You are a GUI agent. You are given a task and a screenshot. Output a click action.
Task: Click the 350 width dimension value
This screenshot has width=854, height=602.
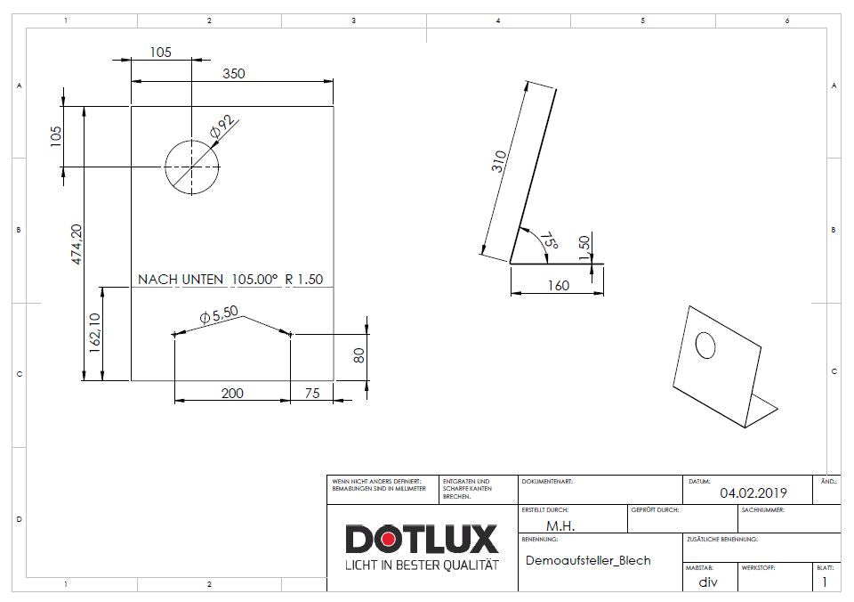[233, 75]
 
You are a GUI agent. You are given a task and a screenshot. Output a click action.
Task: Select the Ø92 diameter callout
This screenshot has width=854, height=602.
[221, 128]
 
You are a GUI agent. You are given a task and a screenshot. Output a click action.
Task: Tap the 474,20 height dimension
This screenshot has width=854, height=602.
[78, 243]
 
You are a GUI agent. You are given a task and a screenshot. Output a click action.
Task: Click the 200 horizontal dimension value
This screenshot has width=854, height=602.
[232, 393]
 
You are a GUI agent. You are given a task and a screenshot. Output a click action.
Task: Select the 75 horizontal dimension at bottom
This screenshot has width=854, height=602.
[312, 393]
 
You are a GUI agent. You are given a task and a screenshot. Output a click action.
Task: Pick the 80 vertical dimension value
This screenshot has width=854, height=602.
[359, 354]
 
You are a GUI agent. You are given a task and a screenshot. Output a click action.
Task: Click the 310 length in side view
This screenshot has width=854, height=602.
[501, 161]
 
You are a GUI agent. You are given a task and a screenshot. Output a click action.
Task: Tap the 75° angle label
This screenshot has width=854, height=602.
[549, 241]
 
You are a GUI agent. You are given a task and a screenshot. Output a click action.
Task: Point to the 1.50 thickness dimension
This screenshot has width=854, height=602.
[584, 248]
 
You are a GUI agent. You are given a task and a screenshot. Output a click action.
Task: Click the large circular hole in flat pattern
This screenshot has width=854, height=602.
[191, 167]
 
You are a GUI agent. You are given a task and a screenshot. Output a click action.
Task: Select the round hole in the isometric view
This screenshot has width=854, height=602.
[705, 346]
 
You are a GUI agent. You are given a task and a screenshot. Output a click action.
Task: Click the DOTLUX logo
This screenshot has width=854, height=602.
[422, 540]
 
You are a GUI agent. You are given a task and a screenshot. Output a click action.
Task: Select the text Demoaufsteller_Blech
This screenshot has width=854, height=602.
[588, 560]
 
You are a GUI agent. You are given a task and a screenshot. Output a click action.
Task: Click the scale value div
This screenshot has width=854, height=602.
[707, 582]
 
